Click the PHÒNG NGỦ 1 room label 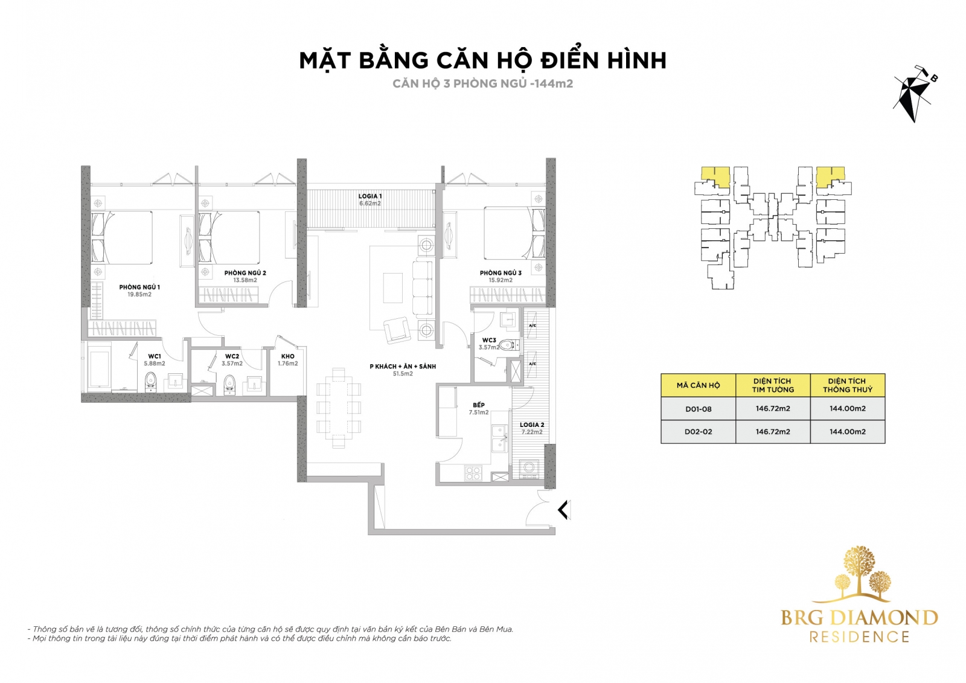coord(139,287)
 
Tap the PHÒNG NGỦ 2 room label coord(245,273)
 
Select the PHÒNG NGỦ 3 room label coord(501,273)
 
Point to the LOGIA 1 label coord(369,196)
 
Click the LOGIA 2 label coord(532,425)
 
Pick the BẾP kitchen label coord(479,405)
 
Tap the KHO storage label coord(287,356)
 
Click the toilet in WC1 coord(150,382)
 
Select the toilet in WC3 coord(510,345)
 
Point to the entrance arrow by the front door coord(564,510)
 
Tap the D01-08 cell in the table coord(698,409)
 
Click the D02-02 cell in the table coord(698,432)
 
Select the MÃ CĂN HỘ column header coord(698,385)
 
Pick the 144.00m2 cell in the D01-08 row coord(848,409)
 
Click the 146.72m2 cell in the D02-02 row coord(773,432)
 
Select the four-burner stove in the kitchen coord(473,473)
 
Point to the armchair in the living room coord(397,330)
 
